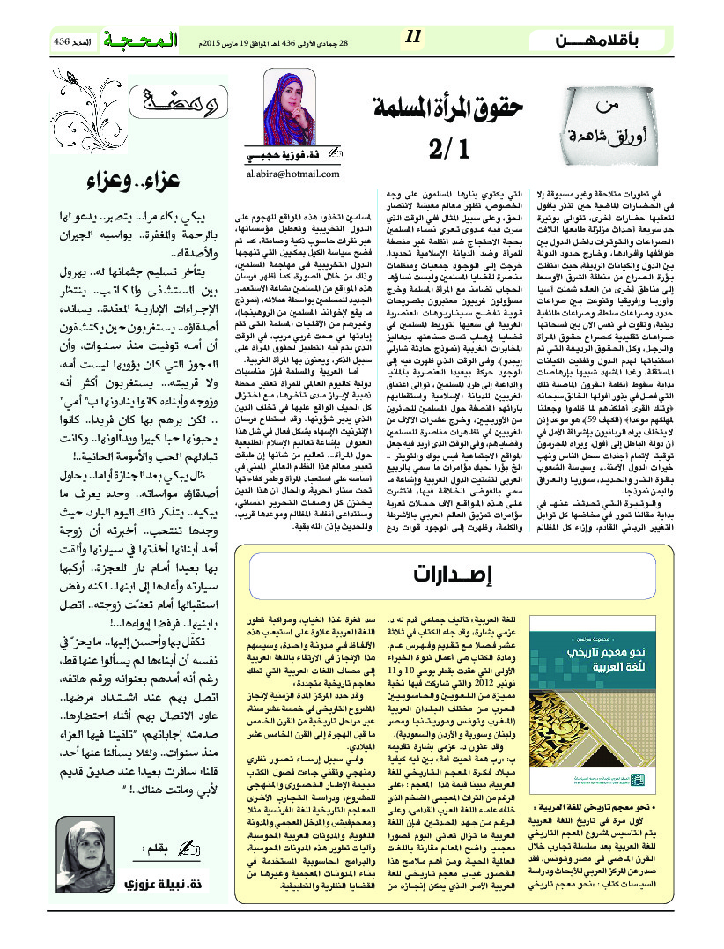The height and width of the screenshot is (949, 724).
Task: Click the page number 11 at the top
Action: coord(413,37)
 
